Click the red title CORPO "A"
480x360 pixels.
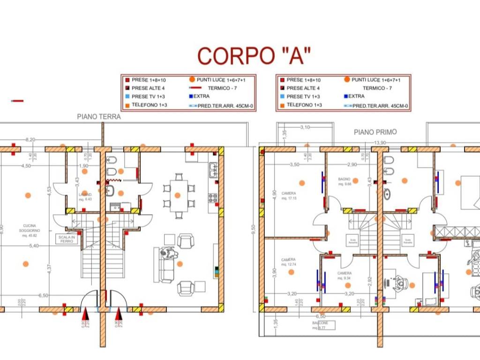[254, 56]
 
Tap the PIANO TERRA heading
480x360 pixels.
[99, 117]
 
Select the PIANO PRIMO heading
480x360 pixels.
[375, 132]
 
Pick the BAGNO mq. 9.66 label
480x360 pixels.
[345, 181]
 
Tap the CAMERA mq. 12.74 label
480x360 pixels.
[288, 262]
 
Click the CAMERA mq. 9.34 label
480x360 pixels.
[345, 275]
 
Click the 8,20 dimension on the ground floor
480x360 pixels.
[30, 140]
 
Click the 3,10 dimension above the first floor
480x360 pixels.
[305, 127]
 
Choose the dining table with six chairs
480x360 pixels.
[178, 195]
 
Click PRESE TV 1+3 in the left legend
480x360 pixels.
[146, 97]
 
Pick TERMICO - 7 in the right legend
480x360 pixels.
[377, 88]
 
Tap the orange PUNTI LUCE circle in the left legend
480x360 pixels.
[192, 80]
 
